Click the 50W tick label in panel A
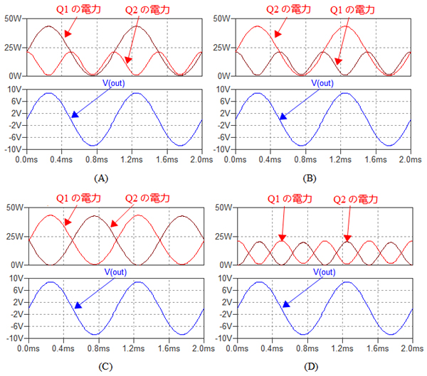pos(14,18)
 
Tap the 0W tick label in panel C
pos(16,265)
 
